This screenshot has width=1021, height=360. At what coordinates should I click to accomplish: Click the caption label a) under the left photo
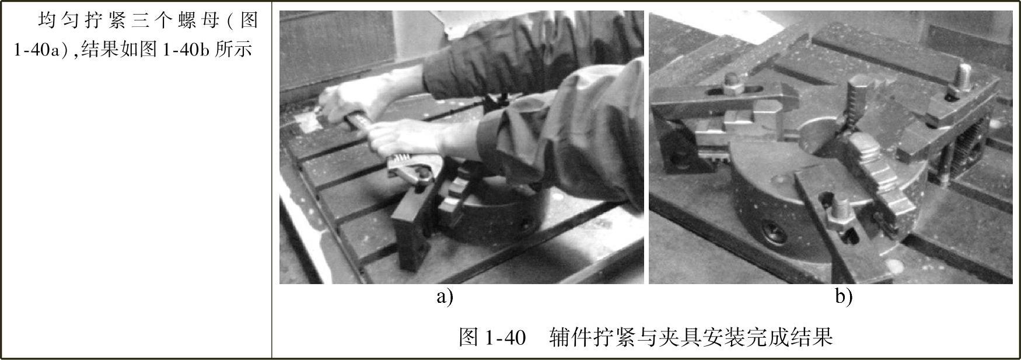(x=445, y=298)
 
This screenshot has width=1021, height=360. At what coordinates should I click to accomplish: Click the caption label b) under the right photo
(x=844, y=298)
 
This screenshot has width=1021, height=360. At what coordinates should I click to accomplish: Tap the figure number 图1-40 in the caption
(x=492, y=337)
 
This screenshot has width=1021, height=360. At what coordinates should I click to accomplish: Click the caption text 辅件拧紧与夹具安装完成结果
(x=691, y=337)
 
